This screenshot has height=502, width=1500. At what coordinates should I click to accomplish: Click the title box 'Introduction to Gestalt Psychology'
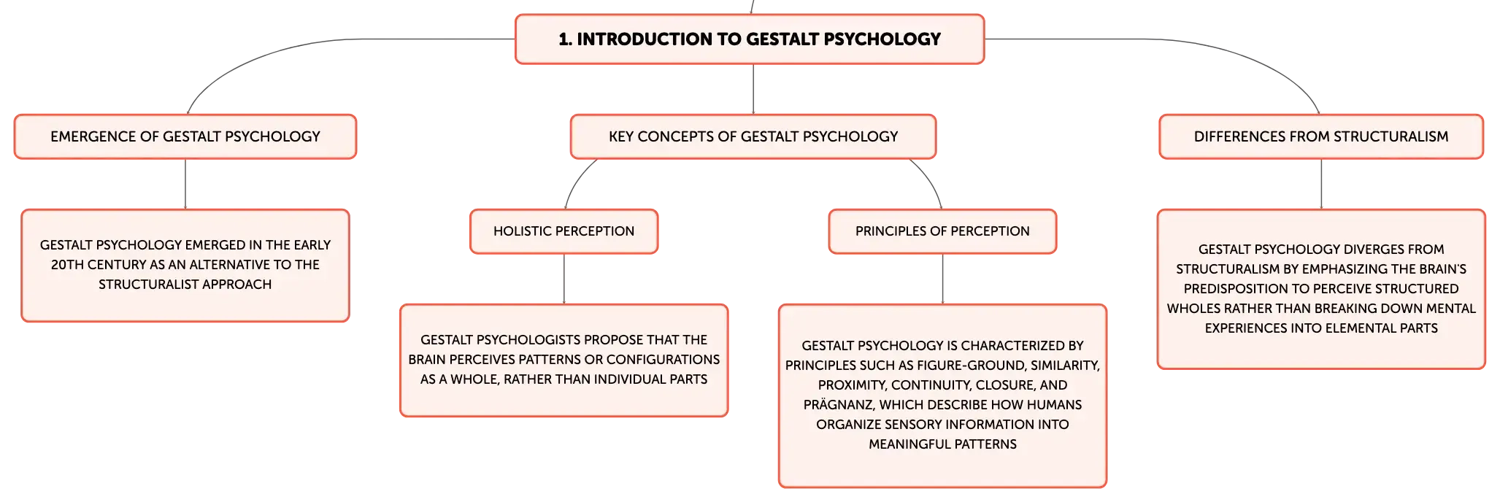tap(750, 39)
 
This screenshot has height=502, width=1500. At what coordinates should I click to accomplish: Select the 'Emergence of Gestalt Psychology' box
tap(185, 136)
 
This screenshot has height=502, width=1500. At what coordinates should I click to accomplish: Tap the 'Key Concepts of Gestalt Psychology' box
tap(753, 136)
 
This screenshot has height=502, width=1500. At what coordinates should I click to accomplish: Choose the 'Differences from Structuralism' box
tap(1321, 136)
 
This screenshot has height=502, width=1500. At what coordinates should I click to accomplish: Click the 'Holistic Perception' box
tap(564, 231)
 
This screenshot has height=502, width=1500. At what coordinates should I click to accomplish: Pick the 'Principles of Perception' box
tap(942, 231)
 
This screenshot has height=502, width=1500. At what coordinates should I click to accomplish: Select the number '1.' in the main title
tap(565, 39)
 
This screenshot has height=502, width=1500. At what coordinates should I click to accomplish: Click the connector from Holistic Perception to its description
tap(564, 279)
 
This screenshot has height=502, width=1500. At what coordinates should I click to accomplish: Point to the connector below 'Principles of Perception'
tap(942, 279)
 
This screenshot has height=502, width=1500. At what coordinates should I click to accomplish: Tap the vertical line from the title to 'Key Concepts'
tap(753, 89)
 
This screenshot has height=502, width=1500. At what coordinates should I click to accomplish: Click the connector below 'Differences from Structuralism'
tap(1321, 184)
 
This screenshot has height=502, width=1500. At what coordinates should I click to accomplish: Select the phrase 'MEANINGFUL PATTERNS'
tap(942, 444)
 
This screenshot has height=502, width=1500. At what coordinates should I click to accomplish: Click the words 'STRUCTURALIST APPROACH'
tap(185, 285)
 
